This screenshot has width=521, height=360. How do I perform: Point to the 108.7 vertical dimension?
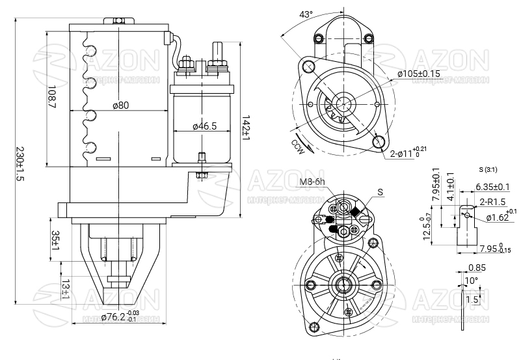point(52,97)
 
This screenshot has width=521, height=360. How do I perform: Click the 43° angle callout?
point(306,14)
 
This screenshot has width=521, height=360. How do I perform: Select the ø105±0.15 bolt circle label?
point(419,74)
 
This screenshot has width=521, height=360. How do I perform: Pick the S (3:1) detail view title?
point(487,170)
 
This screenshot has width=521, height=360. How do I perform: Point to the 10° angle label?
point(472,281)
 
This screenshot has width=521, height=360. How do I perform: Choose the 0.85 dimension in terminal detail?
point(476,267)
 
